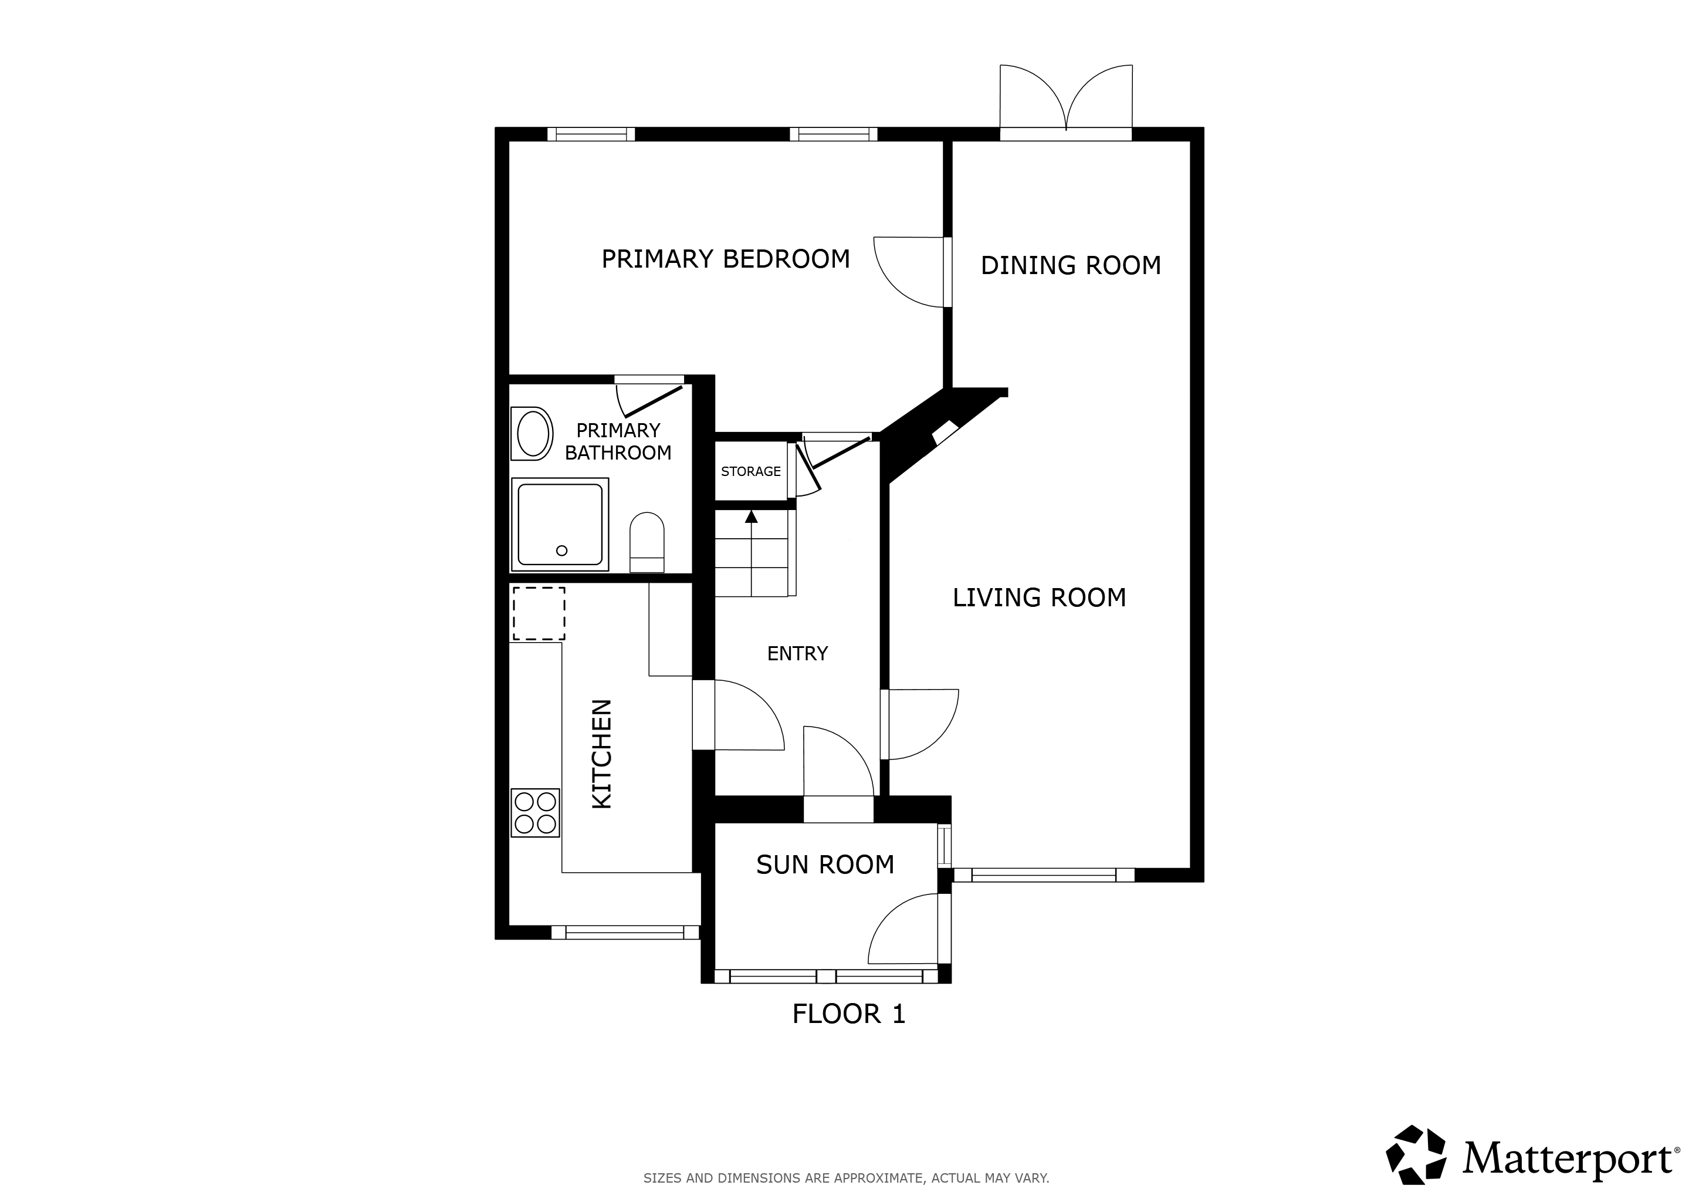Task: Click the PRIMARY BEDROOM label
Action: (725, 259)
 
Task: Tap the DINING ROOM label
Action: (1071, 265)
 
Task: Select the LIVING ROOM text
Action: (1039, 597)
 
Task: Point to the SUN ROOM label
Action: (825, 865)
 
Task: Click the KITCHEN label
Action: (601, 754)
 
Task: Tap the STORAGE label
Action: (750, 471)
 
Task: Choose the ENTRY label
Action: (797, 654)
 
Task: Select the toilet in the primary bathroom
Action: (647, 542)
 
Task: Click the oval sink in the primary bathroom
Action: (533, 434)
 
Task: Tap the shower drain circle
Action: (561, 551)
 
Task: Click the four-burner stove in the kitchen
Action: (535, 813)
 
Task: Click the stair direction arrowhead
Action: (751, 516)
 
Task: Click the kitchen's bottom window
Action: (625, 933)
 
